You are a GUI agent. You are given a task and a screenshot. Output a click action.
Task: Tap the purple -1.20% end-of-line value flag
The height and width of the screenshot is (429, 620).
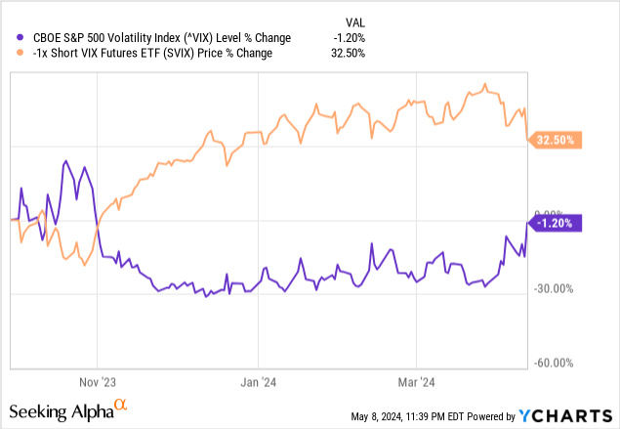click(558, 222)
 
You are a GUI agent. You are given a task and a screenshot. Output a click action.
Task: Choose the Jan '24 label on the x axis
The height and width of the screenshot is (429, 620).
click(257, 383)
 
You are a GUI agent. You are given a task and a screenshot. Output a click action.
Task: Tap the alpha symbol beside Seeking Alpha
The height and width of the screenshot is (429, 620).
click(121, 402)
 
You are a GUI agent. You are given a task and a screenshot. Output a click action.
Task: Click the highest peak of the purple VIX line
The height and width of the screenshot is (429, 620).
click(65, 161)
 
